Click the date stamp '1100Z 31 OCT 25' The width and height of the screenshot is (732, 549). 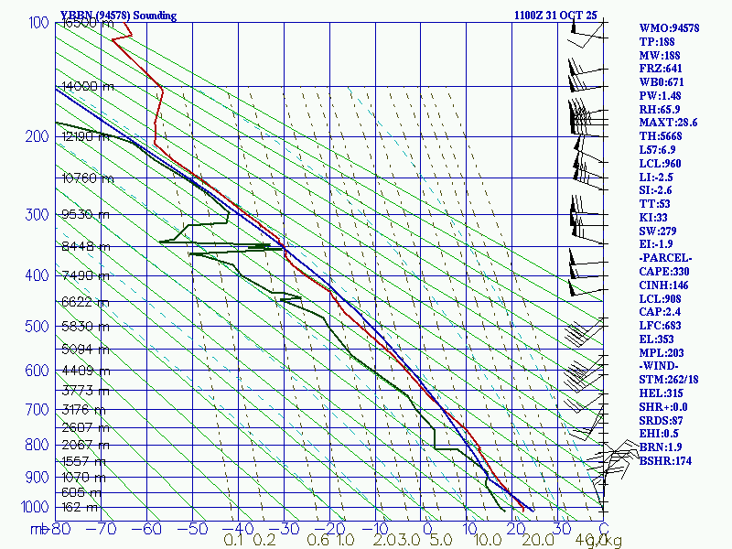(556, 16)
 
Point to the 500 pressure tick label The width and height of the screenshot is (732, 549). (37, 327)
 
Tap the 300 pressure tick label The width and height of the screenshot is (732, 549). (37, 215)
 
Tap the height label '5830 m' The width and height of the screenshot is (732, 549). (81, 327)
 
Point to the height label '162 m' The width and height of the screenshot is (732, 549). (81, 507)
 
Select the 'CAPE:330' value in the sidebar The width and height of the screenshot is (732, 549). (663, 272)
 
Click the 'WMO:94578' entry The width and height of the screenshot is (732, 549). (669, 28)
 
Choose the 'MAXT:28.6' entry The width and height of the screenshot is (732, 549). (668, 123)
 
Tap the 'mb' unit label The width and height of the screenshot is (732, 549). (39, 529)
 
